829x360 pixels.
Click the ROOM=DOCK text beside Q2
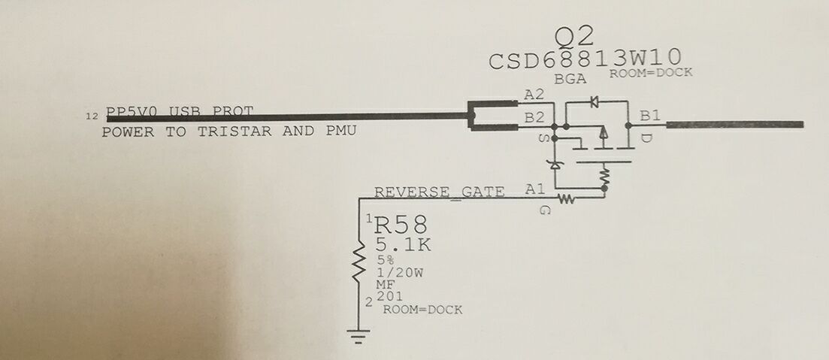[x=650, y=73]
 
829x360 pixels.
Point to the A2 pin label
[x=534, y=95]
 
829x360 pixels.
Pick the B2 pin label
[x=534, y=117]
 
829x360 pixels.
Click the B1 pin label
[x=650, y=116]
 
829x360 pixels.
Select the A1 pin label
[x=534, y=189]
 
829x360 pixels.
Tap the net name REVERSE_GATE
[x=440, y=192]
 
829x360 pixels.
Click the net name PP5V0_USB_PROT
[x=180, y=113]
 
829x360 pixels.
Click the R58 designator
[x=401, y=225]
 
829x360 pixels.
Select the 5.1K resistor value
[x=404, y=246]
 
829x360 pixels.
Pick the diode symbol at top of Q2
[x=594, y=99]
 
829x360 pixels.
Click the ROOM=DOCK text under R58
[x=422, y=310]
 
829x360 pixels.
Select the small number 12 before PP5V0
[x=92, y=116]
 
